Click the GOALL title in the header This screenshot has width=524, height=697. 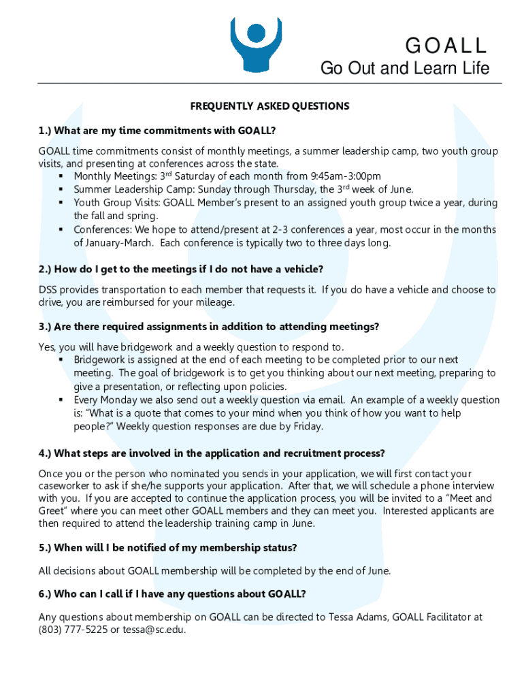click(x=446, y=46)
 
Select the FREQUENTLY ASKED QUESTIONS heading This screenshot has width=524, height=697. click(x=269, y=106)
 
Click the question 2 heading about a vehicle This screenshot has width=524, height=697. click(x=181, y=269)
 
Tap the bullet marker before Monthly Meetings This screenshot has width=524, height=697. click(x=61, y=177)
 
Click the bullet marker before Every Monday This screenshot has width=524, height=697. click(x=61, y=400)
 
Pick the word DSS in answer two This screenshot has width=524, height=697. click(x=49, y=290)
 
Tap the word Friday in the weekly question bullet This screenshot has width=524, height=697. click(x=306, y=427)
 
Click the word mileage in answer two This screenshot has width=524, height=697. click(x=213, y=302)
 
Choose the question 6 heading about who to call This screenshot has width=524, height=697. click(x=172, y=594)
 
